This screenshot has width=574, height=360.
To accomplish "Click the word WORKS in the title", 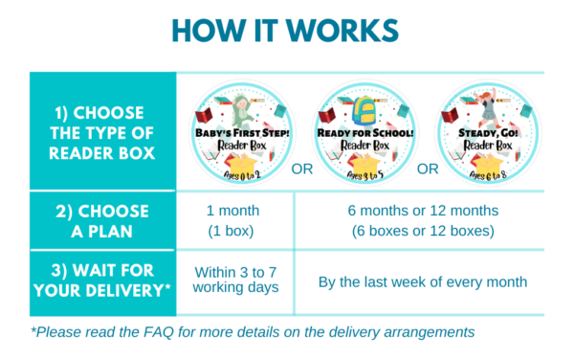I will pyautogui.click(x=341, y=30).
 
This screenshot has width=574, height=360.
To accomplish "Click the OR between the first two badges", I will pyautogui.click(x=302, y=169).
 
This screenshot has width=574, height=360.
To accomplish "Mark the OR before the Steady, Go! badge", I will pyautogui.click(x=428, y=169).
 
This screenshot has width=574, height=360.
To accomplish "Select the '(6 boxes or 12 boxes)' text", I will pyautogui.click(x=422, y=231).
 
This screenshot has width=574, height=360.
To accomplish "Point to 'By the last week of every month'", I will pyautogui.click(x=422, y=281).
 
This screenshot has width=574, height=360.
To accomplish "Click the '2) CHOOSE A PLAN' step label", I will pyautogui.click(x=103, y=220).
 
